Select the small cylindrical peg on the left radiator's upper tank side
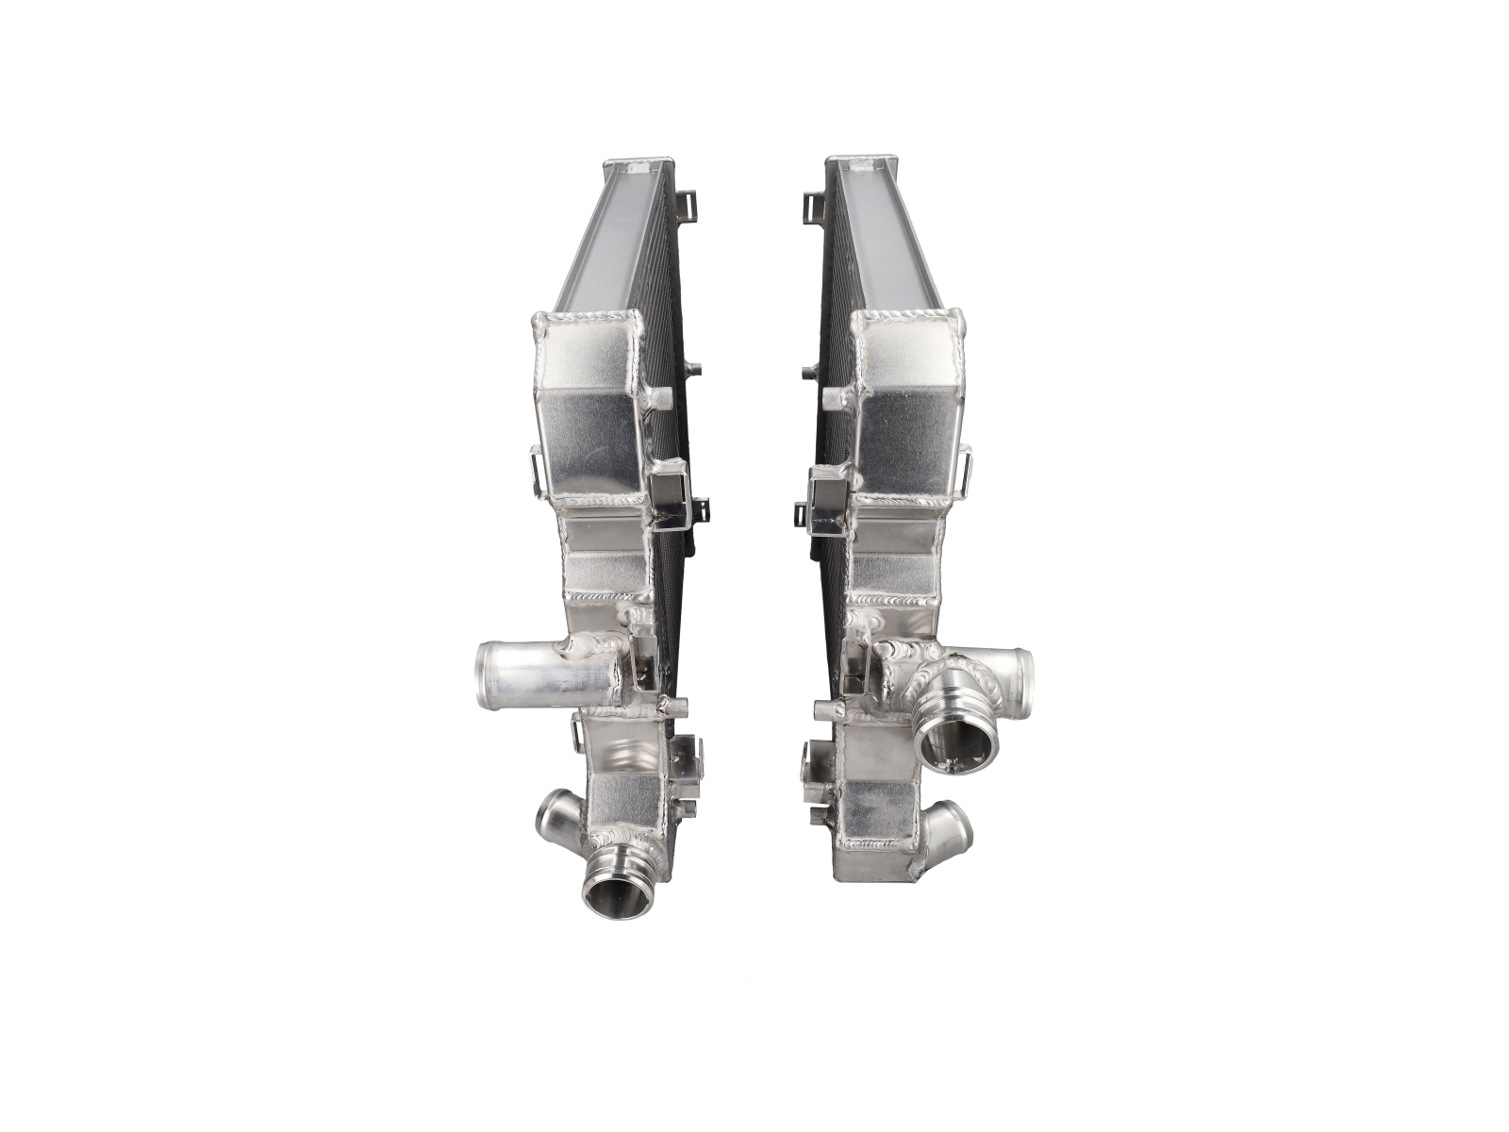pyautogui.click(x=698, y=367)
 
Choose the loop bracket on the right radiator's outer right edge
pyautogui.click(x=966, y=466)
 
